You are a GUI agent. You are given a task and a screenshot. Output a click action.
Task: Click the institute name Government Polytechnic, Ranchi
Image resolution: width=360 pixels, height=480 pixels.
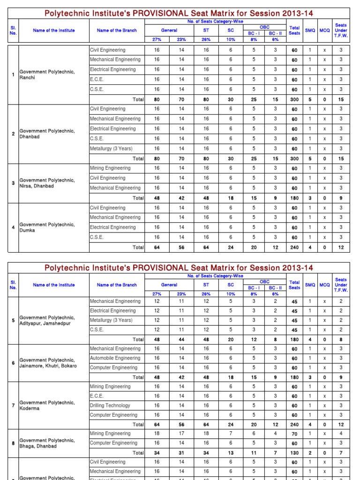[46, 75]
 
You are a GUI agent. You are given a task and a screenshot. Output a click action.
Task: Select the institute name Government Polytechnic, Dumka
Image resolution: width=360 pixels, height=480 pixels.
[46, 227]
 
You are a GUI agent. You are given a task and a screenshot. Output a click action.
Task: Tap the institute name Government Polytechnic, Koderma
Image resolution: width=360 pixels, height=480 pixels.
[46, 405]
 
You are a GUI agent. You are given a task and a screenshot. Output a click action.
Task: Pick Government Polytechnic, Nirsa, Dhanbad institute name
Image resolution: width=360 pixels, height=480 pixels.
[46, 183]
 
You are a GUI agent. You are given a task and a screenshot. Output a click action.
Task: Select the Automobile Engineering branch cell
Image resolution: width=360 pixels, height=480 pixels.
[115, 358]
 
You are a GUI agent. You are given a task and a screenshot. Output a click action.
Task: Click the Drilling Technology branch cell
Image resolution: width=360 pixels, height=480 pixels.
[110, 405]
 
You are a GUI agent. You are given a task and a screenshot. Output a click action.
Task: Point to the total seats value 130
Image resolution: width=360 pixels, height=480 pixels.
[294, 453]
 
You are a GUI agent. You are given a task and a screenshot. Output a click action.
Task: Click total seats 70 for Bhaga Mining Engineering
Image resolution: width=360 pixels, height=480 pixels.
[294, 434]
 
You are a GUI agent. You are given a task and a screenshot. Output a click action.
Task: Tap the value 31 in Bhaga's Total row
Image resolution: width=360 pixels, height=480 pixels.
[181, 453]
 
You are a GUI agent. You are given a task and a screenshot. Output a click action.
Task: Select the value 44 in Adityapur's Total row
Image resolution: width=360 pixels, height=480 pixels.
[181, 339]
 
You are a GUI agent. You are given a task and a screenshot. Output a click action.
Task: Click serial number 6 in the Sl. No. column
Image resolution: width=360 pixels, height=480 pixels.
[13, 363]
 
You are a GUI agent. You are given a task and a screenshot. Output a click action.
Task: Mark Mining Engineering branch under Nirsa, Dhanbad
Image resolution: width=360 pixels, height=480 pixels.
[110, 168]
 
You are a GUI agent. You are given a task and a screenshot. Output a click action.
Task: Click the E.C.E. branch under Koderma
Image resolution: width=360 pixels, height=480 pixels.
[97, 396]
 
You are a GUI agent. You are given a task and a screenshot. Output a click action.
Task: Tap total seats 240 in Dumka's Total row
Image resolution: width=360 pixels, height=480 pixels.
[294, 247]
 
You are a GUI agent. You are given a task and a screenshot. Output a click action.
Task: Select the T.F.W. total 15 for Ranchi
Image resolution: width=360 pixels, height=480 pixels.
[341, 99]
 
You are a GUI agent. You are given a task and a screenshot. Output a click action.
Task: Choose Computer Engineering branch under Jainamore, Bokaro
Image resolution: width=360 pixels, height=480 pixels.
[114, 367]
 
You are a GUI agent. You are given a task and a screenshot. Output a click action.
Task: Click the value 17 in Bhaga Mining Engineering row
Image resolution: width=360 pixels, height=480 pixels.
[181, 434]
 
